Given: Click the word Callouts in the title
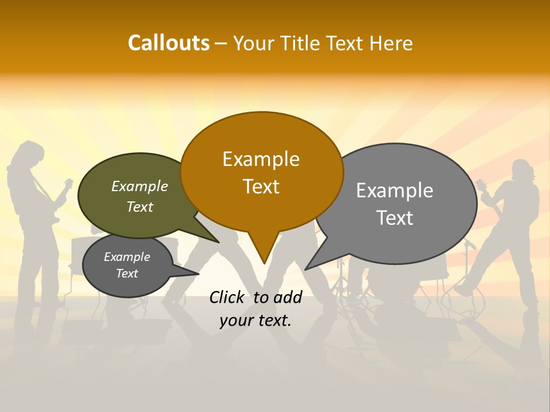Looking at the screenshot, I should pyautogui.click(x=168, y=43).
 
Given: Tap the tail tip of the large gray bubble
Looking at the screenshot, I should pyautogui.click(x=306, y=269).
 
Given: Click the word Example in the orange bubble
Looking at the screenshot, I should pyautogui.click(x=261, y=159).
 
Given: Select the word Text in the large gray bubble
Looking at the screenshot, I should pyautogui.click(x=394, y=217).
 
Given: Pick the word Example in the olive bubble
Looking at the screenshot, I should pyautogui.click(x=140, y=186).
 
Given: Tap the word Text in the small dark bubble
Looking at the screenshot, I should pyautogui.click(x=127, y=274).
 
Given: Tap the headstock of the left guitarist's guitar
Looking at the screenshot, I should pyautogui.click(x=68, y=184).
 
